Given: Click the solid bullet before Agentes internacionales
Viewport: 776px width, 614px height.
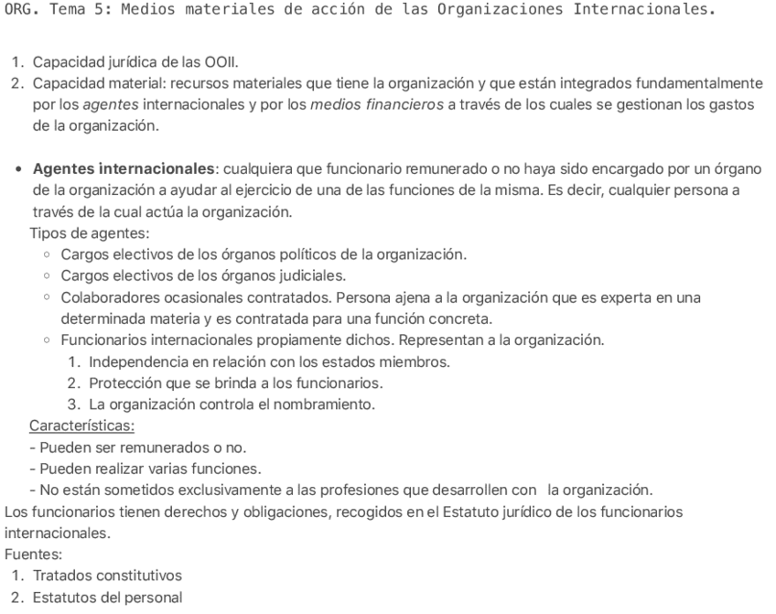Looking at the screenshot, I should tap(18, 168).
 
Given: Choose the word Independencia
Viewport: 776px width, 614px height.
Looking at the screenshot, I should tap(138, 361).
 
